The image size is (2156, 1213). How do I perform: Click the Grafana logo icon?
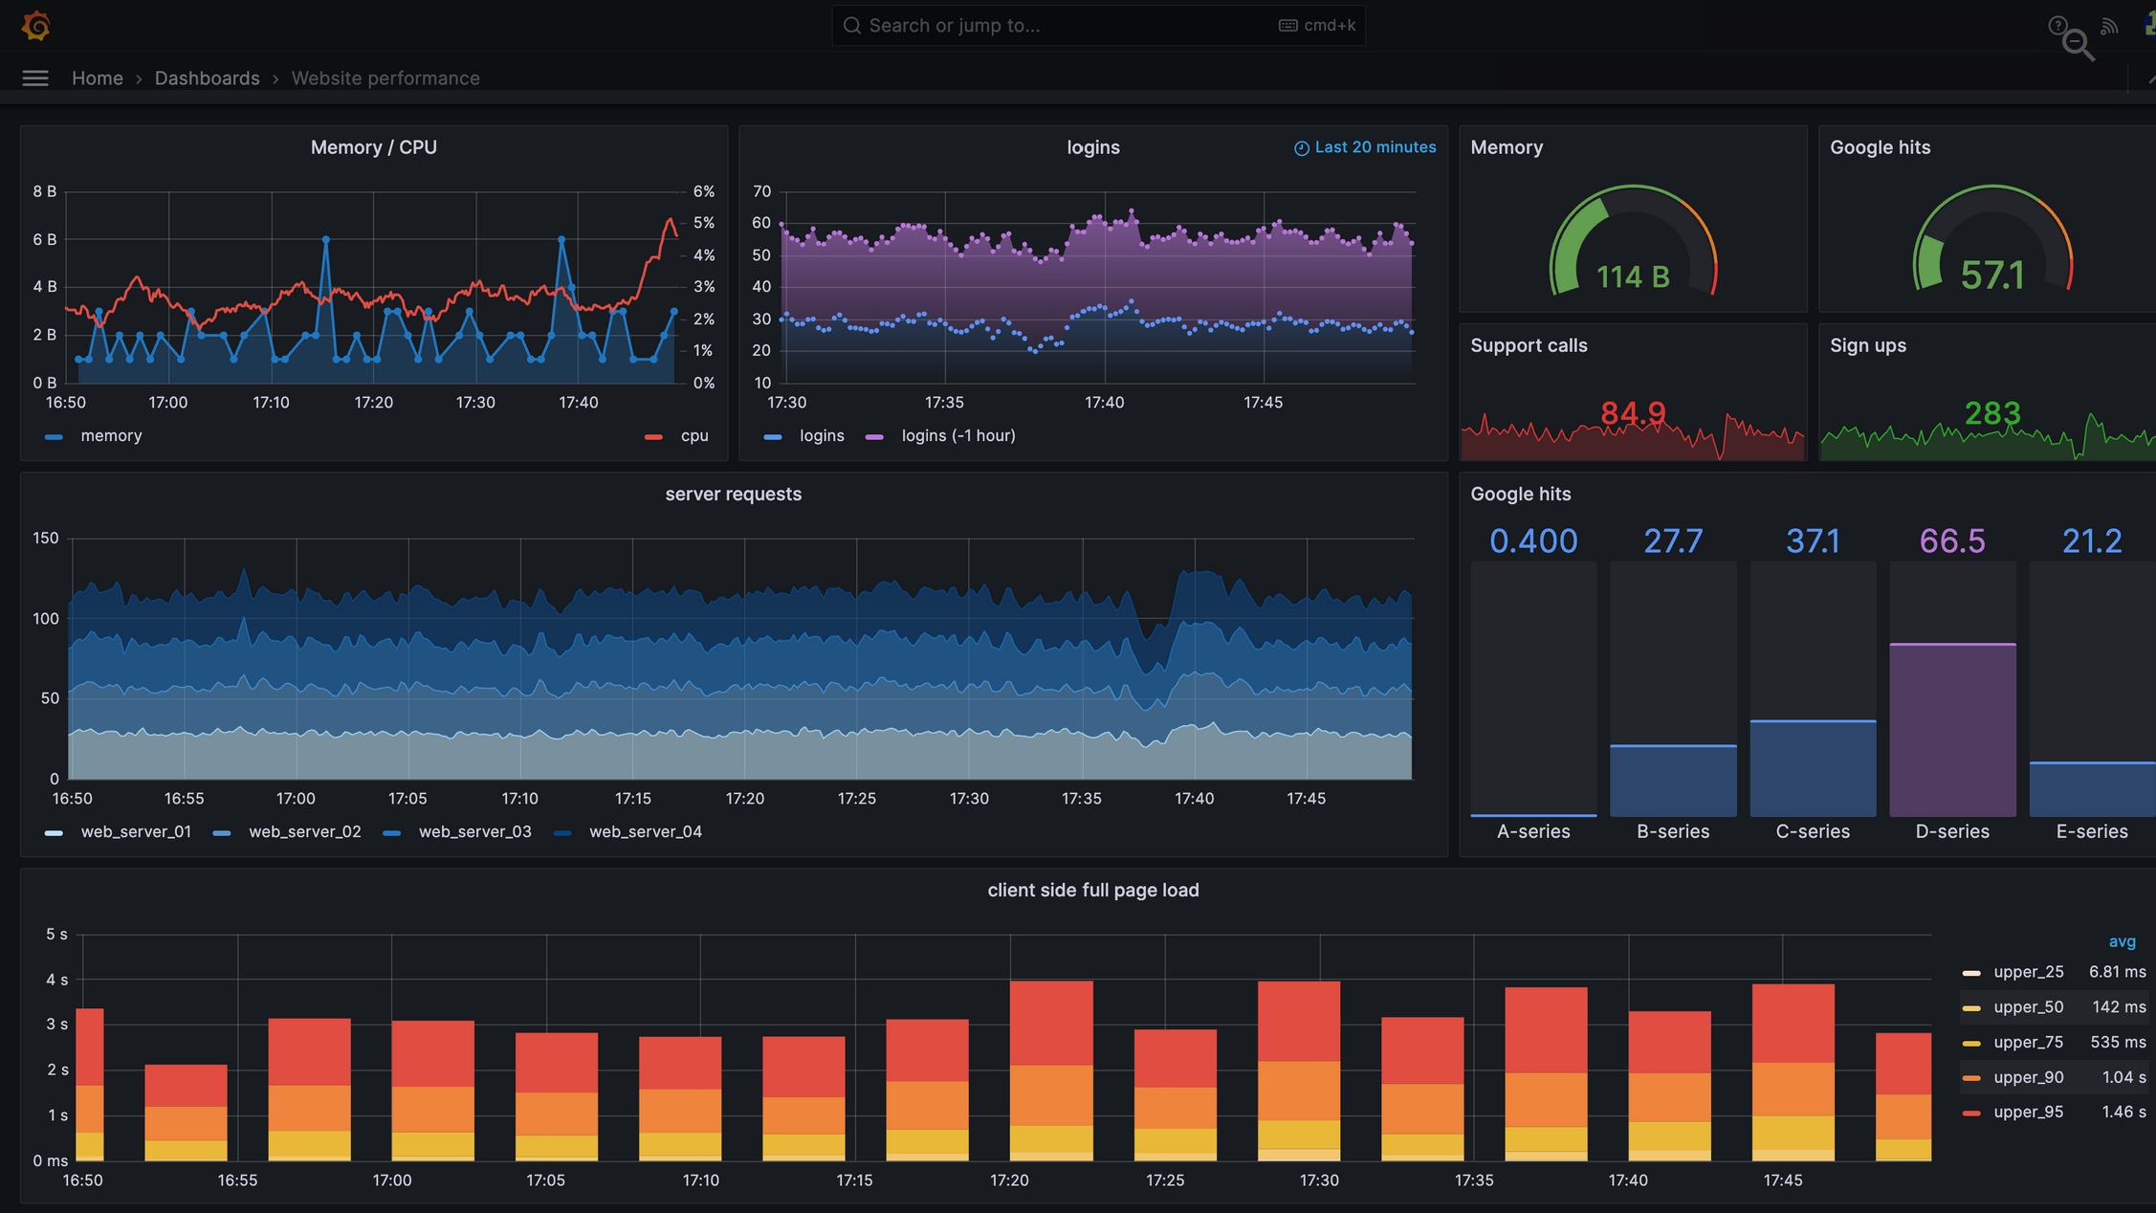[35, 26]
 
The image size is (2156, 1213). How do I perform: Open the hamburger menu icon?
[35, 78]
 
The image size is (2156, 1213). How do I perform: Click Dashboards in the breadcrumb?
[207, 78]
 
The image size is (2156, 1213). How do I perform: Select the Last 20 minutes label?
[1374, 147]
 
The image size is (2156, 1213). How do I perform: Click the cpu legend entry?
[693, 436]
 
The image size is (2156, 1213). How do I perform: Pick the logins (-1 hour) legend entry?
[957, 436]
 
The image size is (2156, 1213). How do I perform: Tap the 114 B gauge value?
[1632, 277]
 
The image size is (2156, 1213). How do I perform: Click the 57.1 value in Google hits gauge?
[1991, 276]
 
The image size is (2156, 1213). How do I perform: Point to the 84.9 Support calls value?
[1632, 413]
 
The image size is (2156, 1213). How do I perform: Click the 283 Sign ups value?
[1991, 413]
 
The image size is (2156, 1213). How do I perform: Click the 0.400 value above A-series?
[1532, 541]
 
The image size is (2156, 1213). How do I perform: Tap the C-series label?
[1812, 832]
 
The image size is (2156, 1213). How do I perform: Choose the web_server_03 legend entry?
[473, 832]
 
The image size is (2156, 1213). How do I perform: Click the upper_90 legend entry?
[2027, 1077]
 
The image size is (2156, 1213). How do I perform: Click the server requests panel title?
[733, 495]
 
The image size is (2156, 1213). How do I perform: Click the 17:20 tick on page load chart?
[1009, 1180]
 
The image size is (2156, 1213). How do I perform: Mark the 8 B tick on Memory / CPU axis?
[44, 191]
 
